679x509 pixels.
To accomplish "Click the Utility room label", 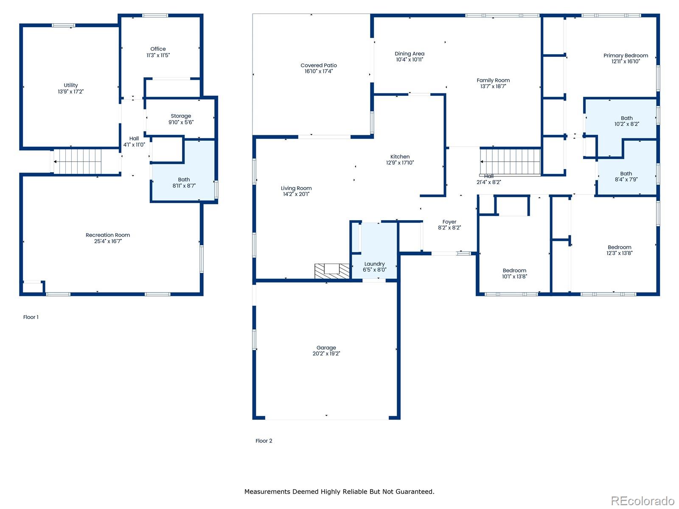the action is (x=70, y=85).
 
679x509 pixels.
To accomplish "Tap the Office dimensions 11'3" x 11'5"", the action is (x=158, y=55).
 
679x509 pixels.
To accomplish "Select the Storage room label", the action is (x=181, y=116).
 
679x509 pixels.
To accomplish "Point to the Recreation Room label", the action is (x=108, y=235).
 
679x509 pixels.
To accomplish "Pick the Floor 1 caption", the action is (x=31, y=317).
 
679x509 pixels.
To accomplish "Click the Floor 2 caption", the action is (x=264, y=441).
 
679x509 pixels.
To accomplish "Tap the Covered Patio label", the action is (x=318, y=65).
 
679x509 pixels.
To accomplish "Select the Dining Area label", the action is (x=409, y=53).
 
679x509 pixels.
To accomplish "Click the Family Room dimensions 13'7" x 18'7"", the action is (x=493, y=86).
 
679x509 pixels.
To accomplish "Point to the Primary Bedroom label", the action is (x=626, y=55).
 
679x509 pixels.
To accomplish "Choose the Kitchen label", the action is (x=400, y=157).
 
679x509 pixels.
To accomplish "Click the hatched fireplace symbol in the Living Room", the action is (x=332, y=271).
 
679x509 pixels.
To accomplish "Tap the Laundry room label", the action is (x=374, y=263).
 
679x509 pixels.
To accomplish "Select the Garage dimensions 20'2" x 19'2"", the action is (x=326, y=354).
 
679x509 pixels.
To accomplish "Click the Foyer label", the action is (x=449, y=222).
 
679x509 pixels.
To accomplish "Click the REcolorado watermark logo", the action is (x=643, y=501).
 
